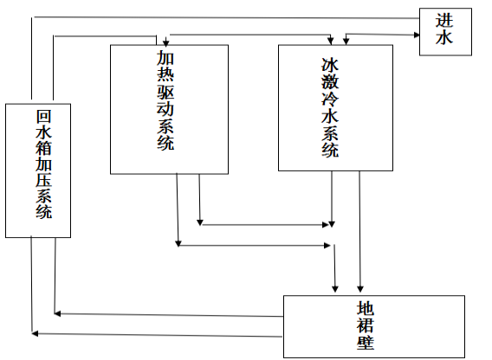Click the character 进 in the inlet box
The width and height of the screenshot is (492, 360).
coord(445,21)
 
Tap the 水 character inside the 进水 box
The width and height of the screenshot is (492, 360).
coord(445,40)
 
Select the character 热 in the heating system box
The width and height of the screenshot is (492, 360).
coord(165,77)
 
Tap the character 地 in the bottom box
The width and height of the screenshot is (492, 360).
coord(366,308)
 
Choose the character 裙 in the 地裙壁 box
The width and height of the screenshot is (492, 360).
coord(366,326)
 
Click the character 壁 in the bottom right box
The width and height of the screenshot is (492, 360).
coord(366,344)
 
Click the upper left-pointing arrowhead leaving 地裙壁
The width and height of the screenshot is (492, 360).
coord(57,312)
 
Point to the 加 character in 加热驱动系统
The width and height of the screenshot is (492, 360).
coord(165,61)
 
